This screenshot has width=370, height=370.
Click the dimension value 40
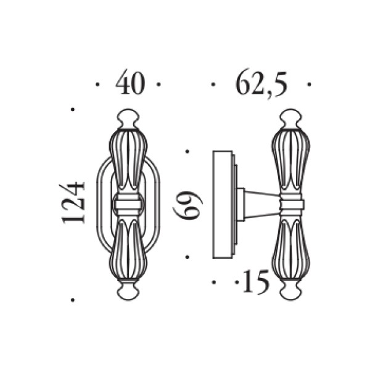point(130,83)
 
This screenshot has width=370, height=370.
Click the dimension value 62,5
point(261,83)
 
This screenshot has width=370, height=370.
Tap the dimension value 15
point(256,282)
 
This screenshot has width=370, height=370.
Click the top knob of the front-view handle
point(128,118)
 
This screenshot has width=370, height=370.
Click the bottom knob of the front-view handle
point(128,291)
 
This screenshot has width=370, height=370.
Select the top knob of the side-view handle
point(290,118)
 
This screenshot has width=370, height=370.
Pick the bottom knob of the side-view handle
point(290,291)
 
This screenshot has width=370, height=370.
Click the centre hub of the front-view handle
point(128,204)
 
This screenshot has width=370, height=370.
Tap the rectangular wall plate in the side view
point(223,204)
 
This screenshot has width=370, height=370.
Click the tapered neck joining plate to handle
point(262,205)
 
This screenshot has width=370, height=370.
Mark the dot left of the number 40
point(97,84)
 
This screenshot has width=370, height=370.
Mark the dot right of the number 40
point(158,84)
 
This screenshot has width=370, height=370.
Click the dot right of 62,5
point(310,84)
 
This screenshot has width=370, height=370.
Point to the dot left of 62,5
point(213,84)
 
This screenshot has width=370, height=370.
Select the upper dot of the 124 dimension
point(73,109)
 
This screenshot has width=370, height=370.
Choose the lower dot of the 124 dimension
point(73,300)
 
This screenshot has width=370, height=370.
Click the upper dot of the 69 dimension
point(187,152)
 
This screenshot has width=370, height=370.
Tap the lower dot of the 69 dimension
point(187,257)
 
